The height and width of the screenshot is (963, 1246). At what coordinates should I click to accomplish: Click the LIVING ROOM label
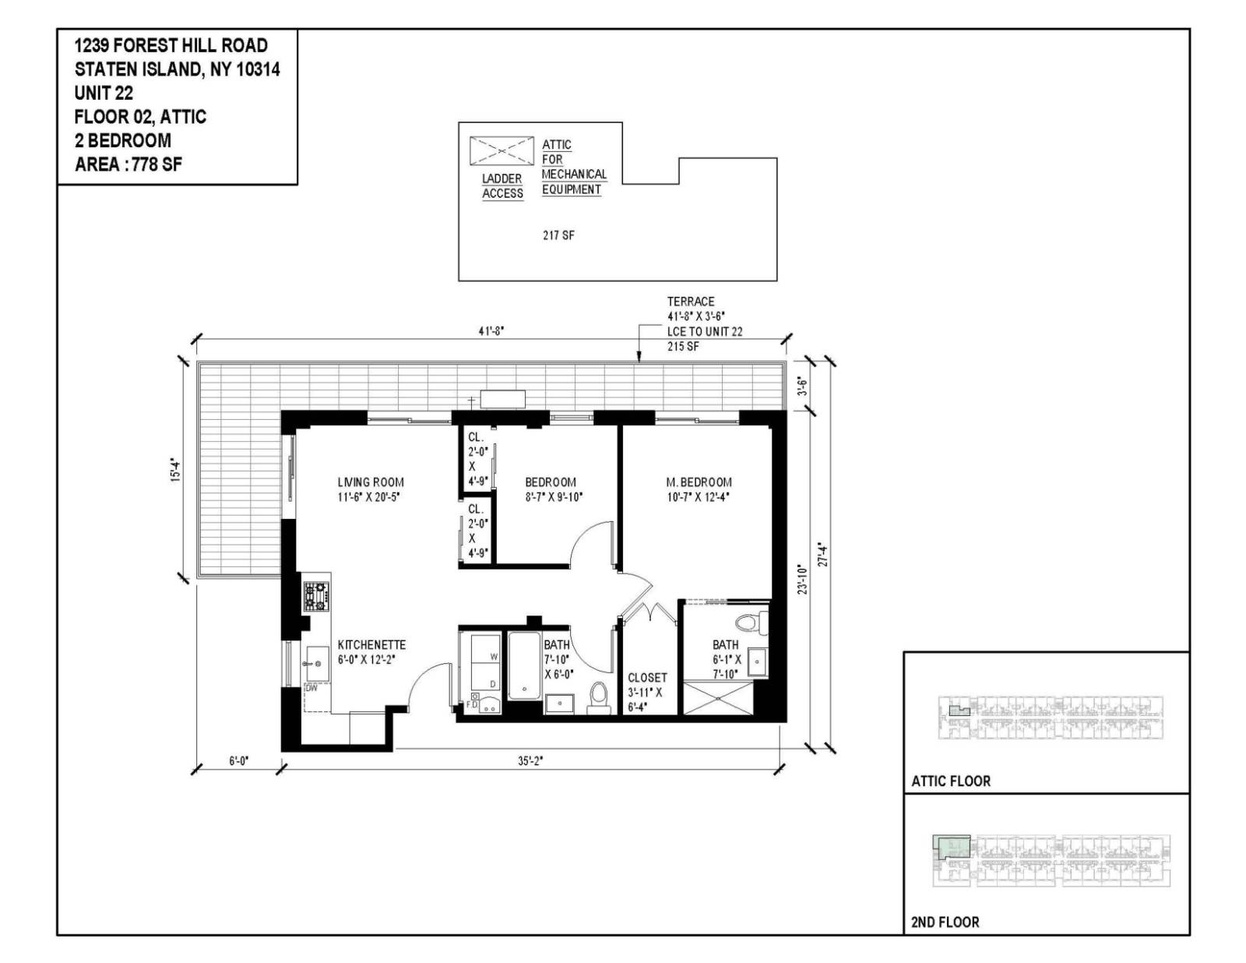[x=371, y=482]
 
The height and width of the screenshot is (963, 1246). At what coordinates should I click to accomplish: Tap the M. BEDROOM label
[x=699, y=482]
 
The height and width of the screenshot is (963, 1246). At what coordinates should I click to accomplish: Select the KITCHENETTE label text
[x=371, y=645]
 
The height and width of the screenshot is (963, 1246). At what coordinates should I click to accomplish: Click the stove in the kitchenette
[x=316, y=596]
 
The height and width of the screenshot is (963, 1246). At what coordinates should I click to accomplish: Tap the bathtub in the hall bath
[x=524, y=666]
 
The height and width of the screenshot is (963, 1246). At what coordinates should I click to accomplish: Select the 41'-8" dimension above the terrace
[x=491, y=330]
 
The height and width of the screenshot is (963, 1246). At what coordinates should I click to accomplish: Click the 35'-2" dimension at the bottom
[x=530, y=761]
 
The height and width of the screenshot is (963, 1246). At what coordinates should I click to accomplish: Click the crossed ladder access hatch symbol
[x=501, y=150]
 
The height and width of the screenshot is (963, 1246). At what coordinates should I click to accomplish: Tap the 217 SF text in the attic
[x=558, y=235]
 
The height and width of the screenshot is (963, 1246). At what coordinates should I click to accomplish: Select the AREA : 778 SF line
[x=128, y=164]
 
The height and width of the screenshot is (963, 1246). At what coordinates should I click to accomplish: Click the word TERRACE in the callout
[x=690, y=302]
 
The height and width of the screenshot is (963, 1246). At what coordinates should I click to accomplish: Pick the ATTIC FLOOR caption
[x=951, y=781]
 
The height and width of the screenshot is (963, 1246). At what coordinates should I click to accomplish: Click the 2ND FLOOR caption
[x=945, y=922]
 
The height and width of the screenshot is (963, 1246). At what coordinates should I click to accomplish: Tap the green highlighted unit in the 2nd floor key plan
[x=952, y=847]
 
